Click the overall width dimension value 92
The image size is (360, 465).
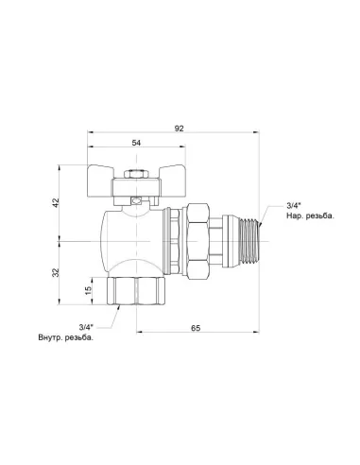coord(179,129)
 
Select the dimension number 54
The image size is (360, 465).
coord(136,143)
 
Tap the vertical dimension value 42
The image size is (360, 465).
coord(56,202)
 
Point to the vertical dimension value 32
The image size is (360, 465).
coord(56,272)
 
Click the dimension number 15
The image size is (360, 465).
coord(89,290)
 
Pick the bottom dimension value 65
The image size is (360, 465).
coord(196,328)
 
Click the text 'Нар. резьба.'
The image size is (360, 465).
coord(310,216)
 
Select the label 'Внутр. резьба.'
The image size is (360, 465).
coord(66,337)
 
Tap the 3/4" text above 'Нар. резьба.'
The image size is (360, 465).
coord(294,206)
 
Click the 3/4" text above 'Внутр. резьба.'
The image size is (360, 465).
coord(86,327)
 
